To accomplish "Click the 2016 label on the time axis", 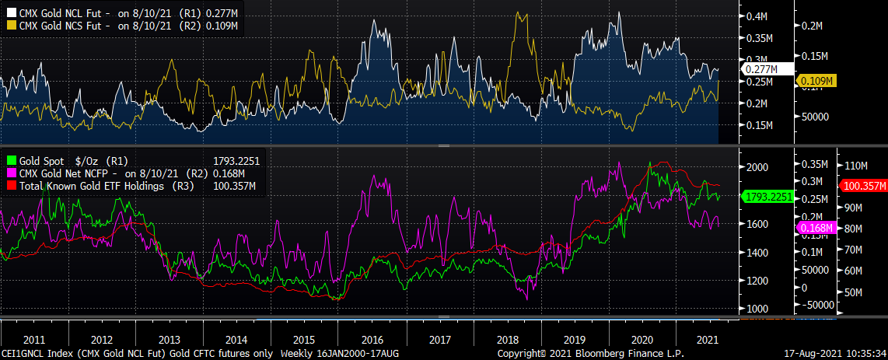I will point(372,340).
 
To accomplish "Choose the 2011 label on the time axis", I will point(34,340).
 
